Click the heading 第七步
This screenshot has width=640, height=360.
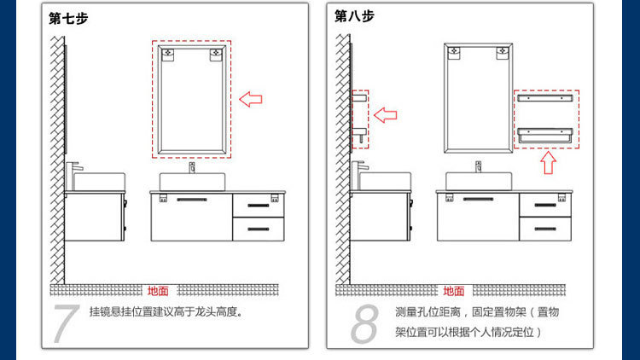point(68,17)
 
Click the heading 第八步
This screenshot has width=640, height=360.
point(354,16)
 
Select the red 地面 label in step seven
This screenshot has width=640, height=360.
point(158,291)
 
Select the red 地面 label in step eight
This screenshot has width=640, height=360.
point(454,291)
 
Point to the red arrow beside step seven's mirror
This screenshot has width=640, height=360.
point(250,99)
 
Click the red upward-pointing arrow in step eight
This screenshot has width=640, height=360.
point(547,162)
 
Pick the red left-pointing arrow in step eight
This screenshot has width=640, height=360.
point(387,113)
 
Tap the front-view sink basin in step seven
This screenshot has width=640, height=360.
point(191,182)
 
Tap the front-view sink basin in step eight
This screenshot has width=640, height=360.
point(478,181)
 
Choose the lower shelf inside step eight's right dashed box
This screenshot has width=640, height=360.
point(546,134)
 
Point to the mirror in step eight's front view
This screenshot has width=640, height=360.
point(478,98)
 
